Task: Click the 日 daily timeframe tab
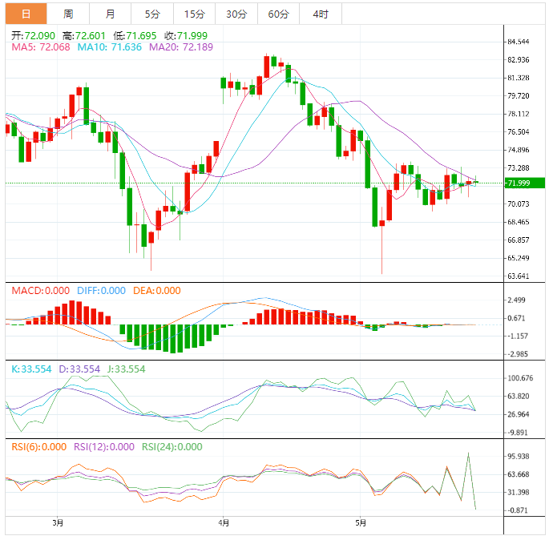click(26, 14)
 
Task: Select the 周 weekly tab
click(68, 14)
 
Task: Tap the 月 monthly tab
click(110, 14)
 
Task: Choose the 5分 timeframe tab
click(151, 14)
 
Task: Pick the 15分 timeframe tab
click(193, 14)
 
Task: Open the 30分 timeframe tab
click(236, 14)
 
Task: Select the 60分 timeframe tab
click(278, 14)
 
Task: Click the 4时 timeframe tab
click(321, 14)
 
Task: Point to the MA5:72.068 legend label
click(41, 48)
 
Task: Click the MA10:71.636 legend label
click(110, 48)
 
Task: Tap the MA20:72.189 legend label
click(180, 48)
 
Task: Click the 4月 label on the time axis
click(224, 524)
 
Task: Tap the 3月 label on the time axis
click(57, 524)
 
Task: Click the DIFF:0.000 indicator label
click(102, 291)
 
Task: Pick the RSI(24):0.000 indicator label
click(172, 447)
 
